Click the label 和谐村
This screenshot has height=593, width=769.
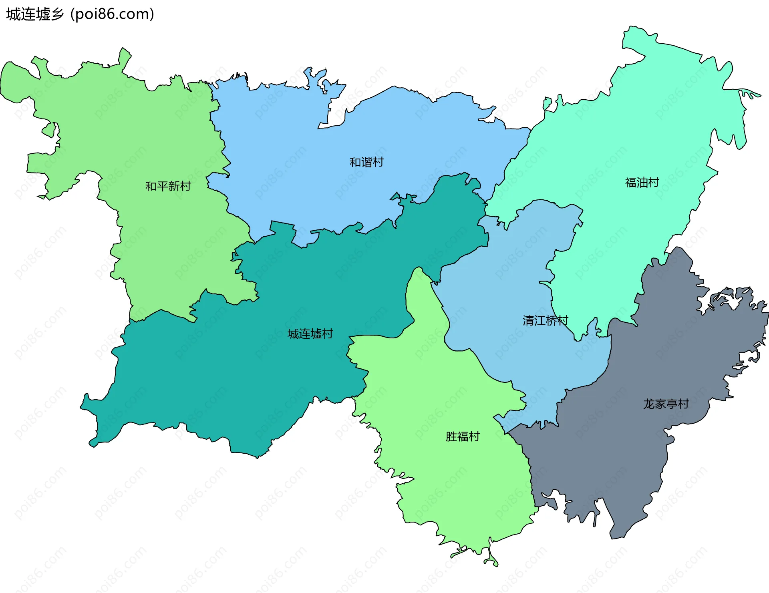click(x=366, y=162)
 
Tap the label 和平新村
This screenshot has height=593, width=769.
click(x=168, y=186)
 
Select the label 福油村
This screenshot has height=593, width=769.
click(x=642, y=183)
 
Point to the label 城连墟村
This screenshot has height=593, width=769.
click(x=310, y=334)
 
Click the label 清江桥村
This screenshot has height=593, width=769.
click(x=545, y=320)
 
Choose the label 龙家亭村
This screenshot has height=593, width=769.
click(x=666, y=404)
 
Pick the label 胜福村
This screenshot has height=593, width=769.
click(x=463, y=436)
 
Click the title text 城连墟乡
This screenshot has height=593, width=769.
click(x=35, y=14)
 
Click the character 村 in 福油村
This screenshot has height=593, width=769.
click(x=654, y=183)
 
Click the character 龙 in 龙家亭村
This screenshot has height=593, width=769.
click(x=649, y=404)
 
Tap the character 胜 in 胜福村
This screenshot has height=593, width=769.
click(x=451, y=436)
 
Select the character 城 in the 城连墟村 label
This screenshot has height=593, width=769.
click(x=293, y=334)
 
